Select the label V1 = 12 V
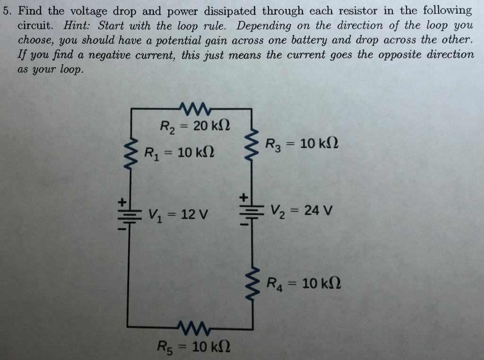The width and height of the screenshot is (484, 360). [178, 215]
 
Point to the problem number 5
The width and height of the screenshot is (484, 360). [6, 10]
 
